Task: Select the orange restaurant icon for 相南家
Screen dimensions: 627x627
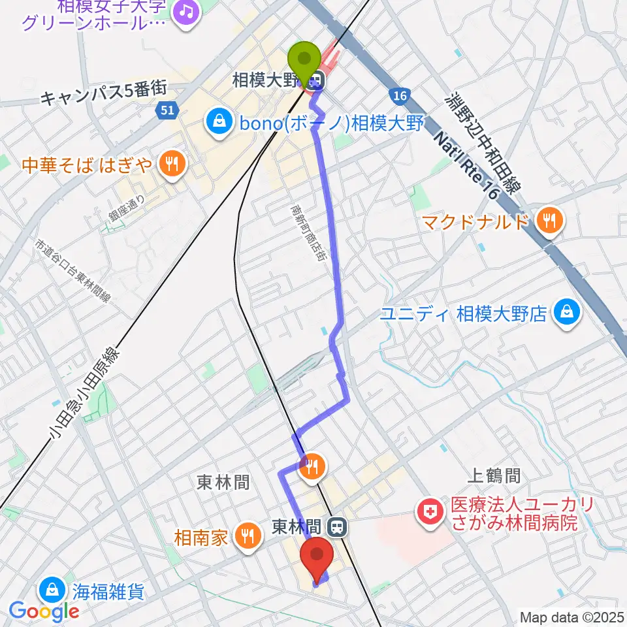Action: [x=247, y=538]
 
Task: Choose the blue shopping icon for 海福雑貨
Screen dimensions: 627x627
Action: [x=52, y=592]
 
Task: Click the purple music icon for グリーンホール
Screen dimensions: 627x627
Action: [x=187, y=12]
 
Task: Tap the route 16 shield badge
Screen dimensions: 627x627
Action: [x=400, y=96]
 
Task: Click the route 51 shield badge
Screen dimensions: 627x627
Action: [x=168, y=110]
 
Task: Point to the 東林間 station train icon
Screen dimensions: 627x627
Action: [x=337, y=525]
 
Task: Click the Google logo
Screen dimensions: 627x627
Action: [x=44, y=611]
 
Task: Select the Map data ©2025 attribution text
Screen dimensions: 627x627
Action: [x=571, y=617]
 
